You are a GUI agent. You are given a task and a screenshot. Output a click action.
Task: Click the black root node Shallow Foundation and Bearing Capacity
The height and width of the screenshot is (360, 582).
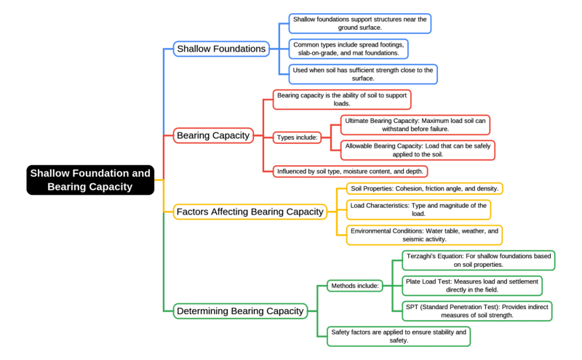point(91,180)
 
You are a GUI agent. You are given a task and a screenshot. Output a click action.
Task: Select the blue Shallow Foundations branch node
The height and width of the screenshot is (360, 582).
point(221,49)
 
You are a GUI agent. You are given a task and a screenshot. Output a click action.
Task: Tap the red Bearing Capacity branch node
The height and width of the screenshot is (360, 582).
point(213,135)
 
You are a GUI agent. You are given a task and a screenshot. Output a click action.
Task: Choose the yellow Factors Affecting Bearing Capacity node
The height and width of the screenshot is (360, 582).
point(250,212)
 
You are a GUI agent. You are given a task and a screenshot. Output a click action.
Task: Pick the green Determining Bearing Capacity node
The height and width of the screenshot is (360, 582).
point(239,311)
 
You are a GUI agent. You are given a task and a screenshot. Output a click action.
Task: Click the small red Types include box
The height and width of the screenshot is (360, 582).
point(298,137)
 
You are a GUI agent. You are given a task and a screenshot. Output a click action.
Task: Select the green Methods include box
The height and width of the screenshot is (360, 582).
point(354,285)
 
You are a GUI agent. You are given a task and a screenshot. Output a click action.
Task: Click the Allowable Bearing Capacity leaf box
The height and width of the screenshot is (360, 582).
point(418,150)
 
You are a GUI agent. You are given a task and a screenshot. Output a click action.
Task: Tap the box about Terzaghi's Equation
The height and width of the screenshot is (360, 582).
point(479,260)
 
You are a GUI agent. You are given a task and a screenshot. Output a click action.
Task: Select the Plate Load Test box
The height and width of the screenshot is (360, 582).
point(472,285)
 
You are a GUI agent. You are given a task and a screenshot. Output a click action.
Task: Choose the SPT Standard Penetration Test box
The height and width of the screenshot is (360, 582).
point(477,311)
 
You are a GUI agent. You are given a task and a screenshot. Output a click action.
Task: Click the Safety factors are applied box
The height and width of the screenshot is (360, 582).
point(398,336)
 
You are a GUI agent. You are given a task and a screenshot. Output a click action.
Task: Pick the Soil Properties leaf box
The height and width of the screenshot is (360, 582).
point(423,188)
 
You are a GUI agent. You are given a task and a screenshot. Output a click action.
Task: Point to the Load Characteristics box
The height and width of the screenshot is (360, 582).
point(418,209)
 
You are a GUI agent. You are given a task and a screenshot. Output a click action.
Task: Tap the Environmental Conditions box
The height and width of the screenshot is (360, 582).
point(424,234)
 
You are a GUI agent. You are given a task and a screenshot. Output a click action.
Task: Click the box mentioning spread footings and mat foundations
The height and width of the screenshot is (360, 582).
point(348,49)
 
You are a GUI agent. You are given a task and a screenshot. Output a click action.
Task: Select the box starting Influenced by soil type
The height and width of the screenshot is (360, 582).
point(350,172)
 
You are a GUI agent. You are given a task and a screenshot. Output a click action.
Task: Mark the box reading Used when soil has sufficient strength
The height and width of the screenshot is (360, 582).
point(362,74)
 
